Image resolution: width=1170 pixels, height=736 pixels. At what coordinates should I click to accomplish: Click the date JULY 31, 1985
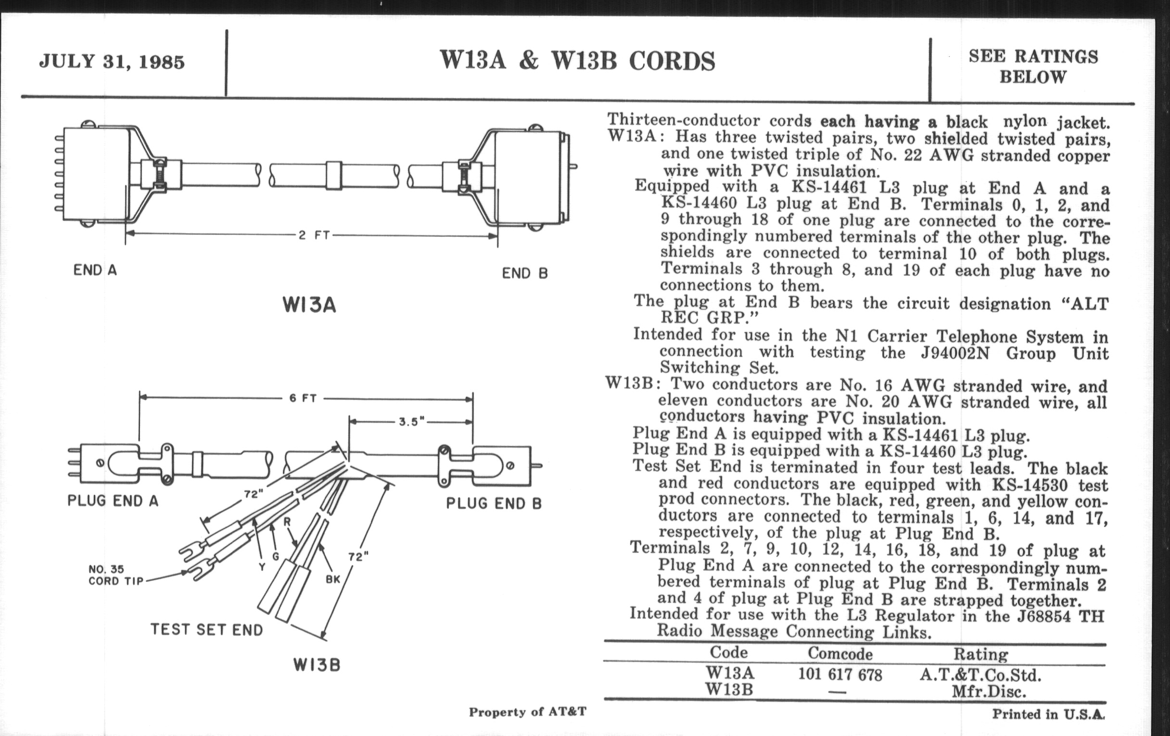coord(112,62)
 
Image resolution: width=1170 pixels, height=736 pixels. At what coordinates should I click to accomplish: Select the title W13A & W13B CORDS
coord(577,61)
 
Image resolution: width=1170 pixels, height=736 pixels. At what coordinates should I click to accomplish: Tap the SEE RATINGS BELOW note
coord(1033,66)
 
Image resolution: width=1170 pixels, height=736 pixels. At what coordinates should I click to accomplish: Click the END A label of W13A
coord(95,270)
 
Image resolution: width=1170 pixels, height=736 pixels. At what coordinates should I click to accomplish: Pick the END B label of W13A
coord(525,274)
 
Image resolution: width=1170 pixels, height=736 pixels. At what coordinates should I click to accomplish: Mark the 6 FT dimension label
coord(303,398)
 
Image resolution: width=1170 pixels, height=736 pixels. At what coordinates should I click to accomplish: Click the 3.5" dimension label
coord(411,422)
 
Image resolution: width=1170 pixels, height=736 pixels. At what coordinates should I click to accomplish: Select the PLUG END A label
coord(113,501)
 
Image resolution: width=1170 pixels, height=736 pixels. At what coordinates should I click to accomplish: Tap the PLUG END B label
coord(494,503)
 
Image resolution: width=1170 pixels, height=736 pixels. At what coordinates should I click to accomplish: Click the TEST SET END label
coord(206,630)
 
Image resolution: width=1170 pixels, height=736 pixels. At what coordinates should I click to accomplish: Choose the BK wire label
coord(333,580)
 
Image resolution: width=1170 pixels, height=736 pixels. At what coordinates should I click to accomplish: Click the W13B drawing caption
coord(316,665)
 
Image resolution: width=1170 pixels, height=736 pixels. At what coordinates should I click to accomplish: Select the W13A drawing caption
coord(309,305)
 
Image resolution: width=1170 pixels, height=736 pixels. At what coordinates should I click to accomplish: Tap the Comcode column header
coord(840,654)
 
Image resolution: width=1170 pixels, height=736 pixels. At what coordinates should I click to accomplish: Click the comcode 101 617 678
coord(840,675)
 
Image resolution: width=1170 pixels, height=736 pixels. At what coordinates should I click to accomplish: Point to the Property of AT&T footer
coord(528,712)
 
